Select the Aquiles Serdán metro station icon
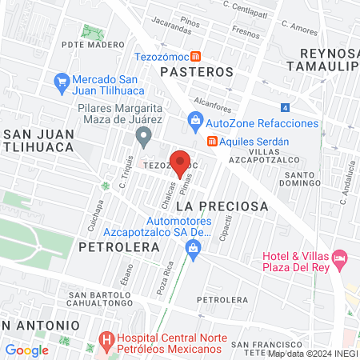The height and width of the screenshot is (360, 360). (212, 141)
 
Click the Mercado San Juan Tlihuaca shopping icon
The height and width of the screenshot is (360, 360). (61, 81)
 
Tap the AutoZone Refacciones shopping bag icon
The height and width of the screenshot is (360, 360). (194, 123)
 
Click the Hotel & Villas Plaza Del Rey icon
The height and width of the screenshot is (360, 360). (339, 258)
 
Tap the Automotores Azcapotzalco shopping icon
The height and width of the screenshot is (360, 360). (193, 250)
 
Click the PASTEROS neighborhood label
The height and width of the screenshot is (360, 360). (196, 72)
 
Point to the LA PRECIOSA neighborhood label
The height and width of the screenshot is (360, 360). (227, 206)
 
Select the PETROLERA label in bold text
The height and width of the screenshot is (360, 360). (109, 247)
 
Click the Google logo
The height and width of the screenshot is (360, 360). (26, 350)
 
